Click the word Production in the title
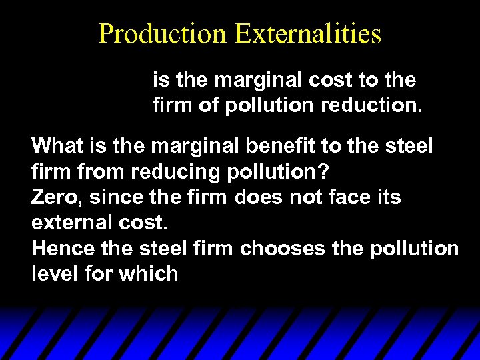pyautogui.click(x=162, y=33)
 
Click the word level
pyautogui.click(x=53, y=274)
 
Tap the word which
pyautogui.click(x=150, y=274)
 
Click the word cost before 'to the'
pyautogui.click(x=330, y=80)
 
